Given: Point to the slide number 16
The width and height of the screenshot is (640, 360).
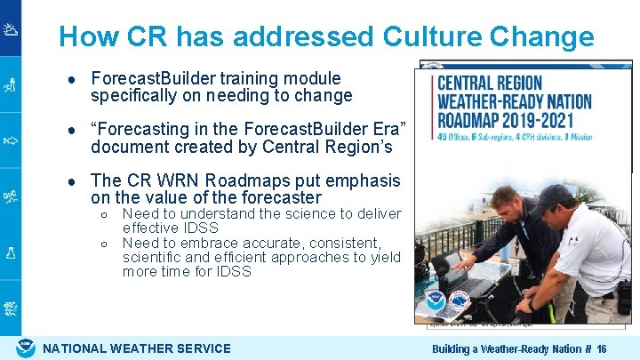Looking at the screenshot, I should [602, 349].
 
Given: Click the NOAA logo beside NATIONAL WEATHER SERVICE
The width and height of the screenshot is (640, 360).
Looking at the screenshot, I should [27, 348].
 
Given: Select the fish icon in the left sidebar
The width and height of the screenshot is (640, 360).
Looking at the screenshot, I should [11, 140].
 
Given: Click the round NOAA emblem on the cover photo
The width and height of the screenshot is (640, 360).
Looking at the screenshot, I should [436, 300].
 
